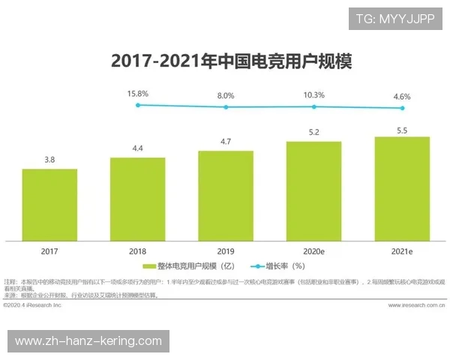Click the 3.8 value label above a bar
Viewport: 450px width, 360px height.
49,160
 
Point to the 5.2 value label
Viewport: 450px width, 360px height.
313,133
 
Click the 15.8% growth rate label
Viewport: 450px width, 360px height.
138,94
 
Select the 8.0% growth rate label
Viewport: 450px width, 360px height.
226,95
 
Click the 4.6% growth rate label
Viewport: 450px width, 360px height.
402,96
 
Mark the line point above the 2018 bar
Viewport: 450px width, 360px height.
138,105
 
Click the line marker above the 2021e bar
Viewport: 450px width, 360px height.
402,108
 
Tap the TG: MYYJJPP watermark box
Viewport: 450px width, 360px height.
394,18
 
